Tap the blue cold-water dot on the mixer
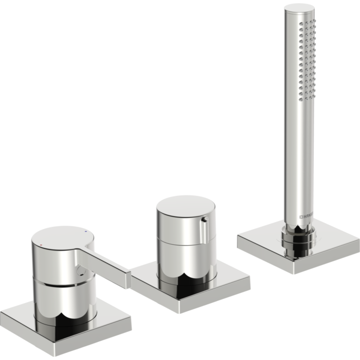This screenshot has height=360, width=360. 84,232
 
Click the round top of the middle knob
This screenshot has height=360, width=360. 185,206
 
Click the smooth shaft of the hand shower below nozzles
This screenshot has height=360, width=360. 297,154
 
